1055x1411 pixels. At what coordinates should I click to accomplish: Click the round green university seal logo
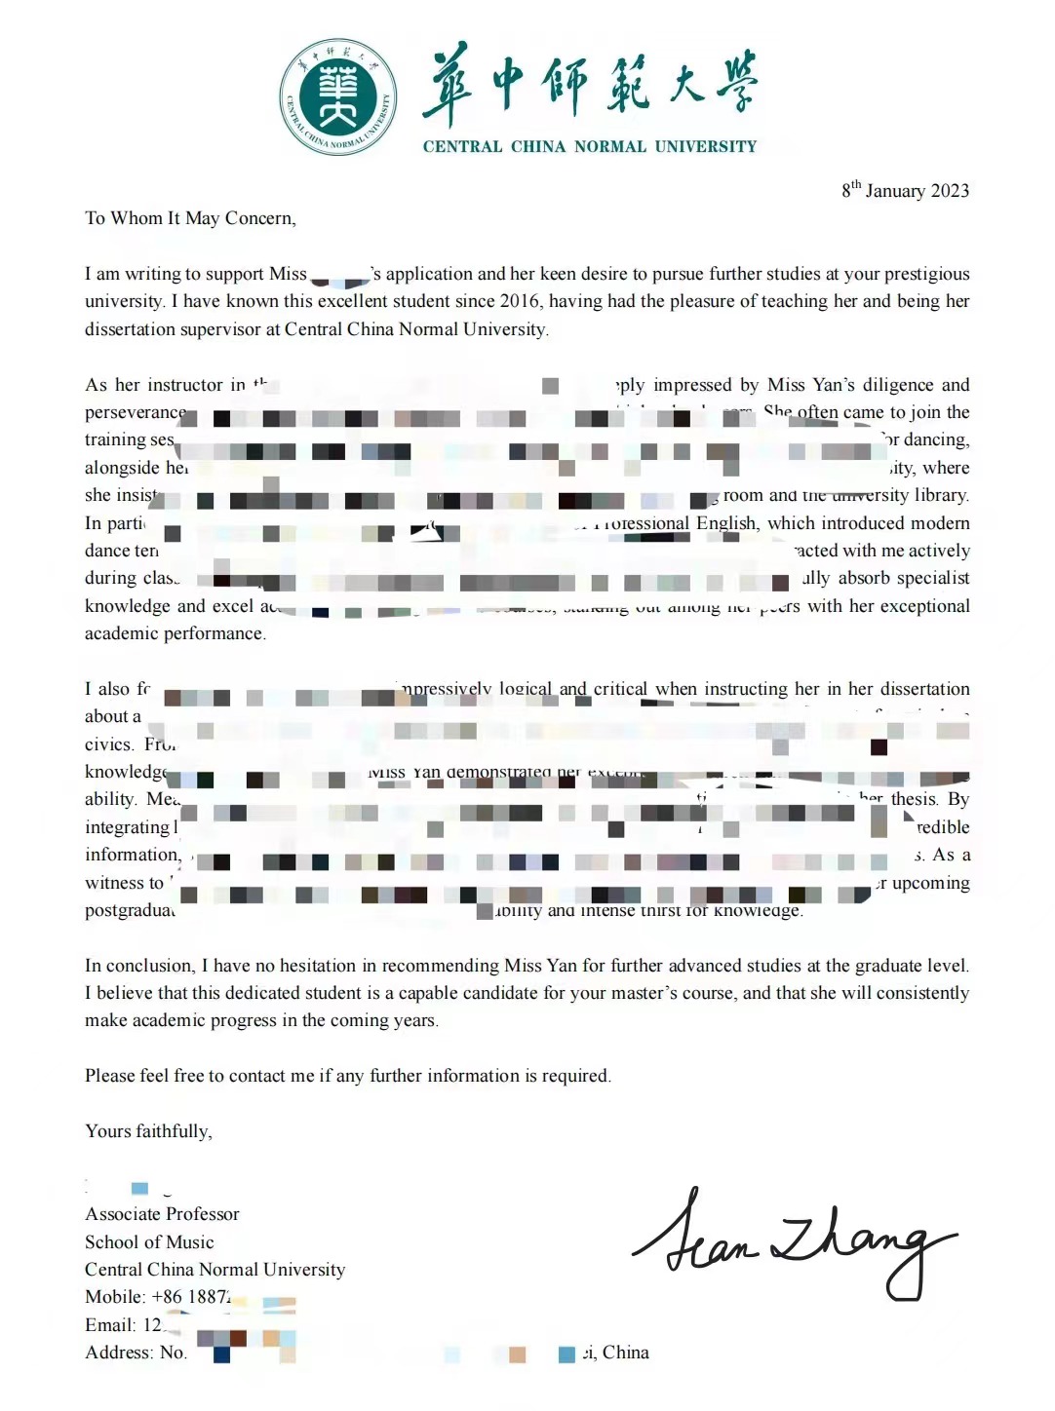(338, 96)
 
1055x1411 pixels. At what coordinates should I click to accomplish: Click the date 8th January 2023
(905, 190)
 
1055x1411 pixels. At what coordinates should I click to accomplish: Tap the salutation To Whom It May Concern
(190, 218)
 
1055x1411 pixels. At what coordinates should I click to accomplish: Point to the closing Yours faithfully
(148, 1131)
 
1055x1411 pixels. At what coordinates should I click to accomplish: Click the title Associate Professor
(162, 1214)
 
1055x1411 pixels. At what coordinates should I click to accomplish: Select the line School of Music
(149, 1242)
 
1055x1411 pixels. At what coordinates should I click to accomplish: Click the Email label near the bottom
(109, 1325)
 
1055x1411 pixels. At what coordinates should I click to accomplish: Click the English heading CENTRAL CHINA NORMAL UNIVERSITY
(589, 147)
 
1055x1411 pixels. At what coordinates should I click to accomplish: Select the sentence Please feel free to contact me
(347, 1076)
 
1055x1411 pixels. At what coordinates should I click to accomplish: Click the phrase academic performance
(175, 633)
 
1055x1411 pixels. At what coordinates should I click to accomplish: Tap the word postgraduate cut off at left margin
(130, 910)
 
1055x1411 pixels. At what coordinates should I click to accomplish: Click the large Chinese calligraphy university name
(589, 86)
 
